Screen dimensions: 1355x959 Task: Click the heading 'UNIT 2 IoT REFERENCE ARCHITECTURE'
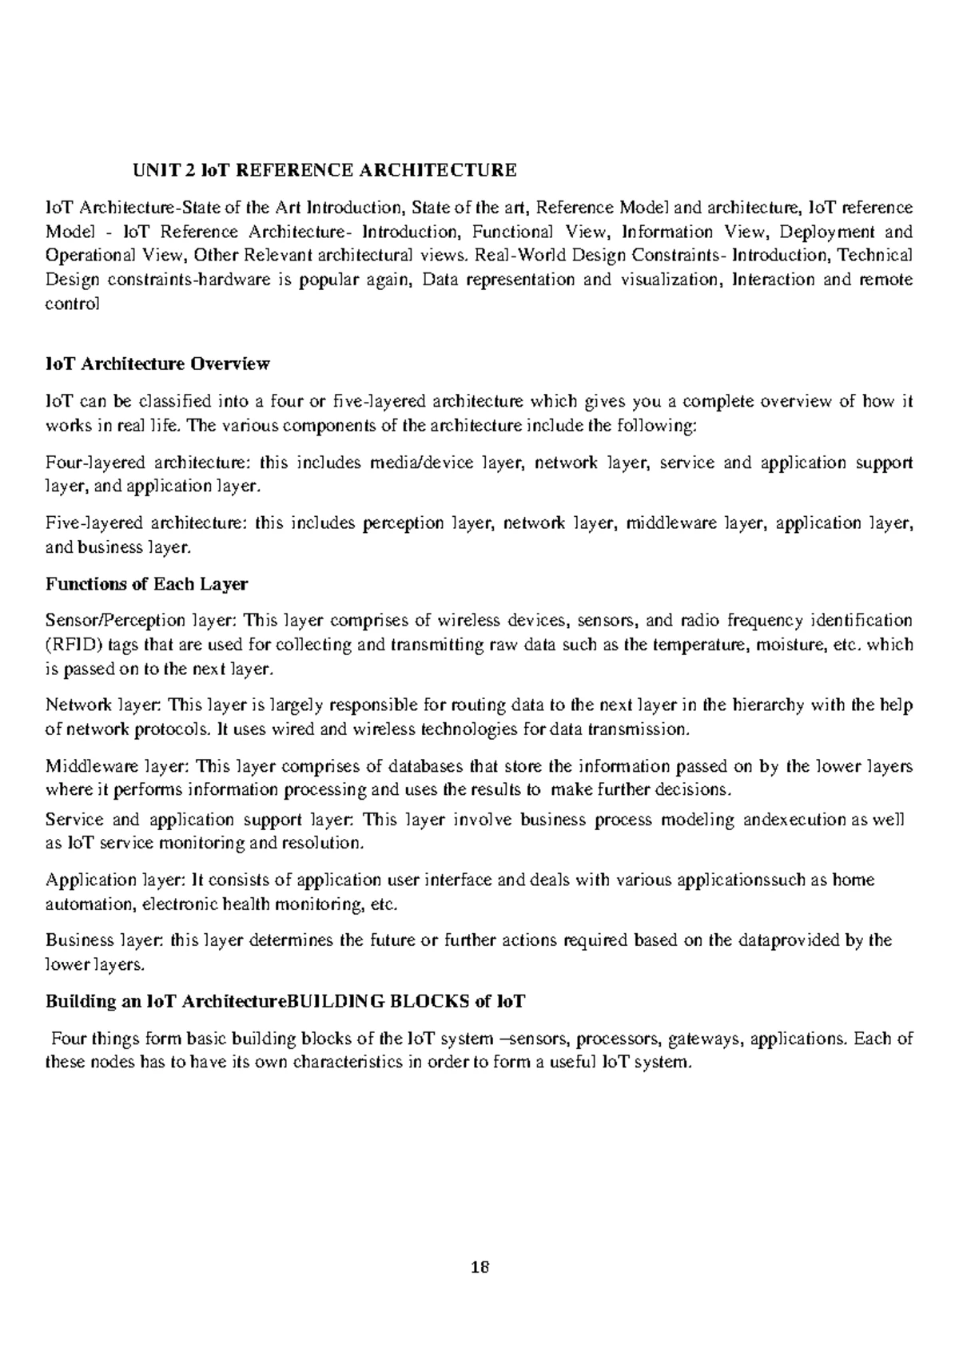324,170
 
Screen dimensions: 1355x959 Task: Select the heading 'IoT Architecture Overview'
157,364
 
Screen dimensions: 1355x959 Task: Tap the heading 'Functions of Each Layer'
146,584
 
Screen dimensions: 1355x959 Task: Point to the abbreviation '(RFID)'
70,645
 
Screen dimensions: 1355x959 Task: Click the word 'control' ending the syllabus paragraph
73,304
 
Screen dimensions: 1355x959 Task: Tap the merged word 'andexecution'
794,820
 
